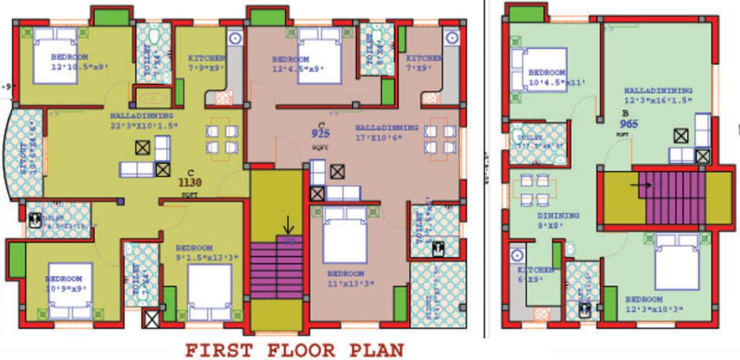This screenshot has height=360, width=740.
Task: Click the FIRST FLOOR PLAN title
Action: pyautogui.click(x=294, y=350)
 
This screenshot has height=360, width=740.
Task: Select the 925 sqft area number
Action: pyautogui.click(x=321, y=133)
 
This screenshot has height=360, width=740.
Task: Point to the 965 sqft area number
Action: pyautogui.click(x=629, y=124)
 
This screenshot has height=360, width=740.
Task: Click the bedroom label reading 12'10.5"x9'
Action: pyautogui.click(x=79, y=61)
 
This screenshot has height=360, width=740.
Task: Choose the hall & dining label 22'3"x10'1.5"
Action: pyautogui.click(x=141, y=121)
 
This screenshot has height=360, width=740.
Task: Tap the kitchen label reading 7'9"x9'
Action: pyautogui.click(x=207, y=63)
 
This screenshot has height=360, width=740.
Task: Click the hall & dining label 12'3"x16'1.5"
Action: pyautogui.click(x=657, y=95)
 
